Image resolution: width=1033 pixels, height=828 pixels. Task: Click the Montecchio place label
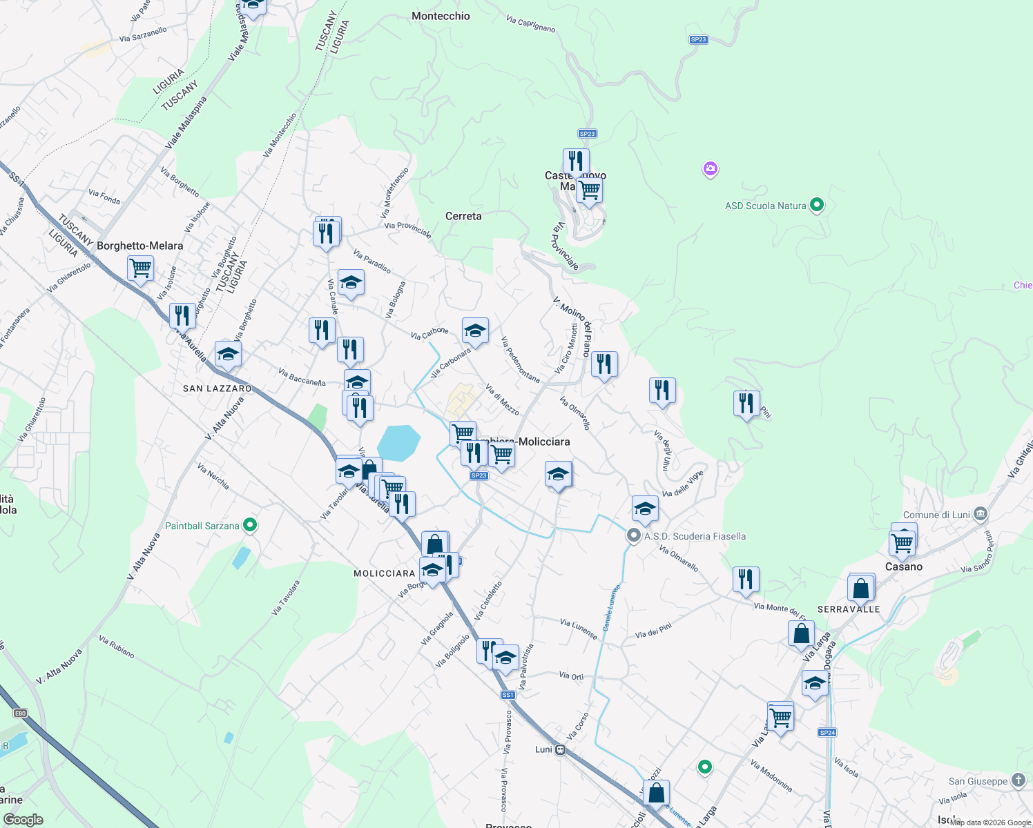(441, 16)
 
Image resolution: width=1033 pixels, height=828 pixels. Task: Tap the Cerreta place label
(463, 216)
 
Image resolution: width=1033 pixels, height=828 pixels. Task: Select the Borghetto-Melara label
(140, 246)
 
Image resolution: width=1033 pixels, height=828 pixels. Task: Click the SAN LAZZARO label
(218, 388)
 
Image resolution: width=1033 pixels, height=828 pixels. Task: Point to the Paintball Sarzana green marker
(251, 526)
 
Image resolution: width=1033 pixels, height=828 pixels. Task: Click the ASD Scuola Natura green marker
(817, 205)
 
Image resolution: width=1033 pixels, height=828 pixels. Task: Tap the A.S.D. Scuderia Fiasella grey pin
(633, 535)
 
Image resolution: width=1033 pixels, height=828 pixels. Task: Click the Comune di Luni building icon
(980, 514)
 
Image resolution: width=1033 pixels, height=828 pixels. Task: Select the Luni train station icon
(561, 749)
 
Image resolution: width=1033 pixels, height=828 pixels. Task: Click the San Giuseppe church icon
(1018, 780)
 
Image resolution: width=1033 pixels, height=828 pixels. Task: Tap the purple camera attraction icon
(710, 168)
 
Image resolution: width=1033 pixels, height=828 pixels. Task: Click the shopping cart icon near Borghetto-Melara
(140, 268)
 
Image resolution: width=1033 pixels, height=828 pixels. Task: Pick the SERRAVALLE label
(849, 609)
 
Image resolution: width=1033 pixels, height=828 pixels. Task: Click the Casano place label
(904, 566)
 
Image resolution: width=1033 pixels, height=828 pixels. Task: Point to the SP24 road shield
(827, 733)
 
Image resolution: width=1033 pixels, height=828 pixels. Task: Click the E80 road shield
(20, 713)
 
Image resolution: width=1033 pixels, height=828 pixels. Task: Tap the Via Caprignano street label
(530, 24)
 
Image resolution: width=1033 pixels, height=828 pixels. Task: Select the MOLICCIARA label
(384, 573)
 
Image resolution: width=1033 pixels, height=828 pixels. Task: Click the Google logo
(23, 820)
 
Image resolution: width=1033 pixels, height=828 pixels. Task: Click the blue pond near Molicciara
(398, 442)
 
